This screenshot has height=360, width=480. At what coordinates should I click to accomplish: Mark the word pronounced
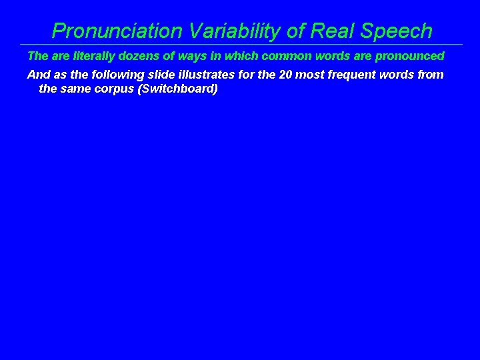coord(407,56)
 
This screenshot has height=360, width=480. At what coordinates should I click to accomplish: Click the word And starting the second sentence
coord(37,75)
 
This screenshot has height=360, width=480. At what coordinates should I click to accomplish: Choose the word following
coord(115,75)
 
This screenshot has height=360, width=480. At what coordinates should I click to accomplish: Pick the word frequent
coord(351,75)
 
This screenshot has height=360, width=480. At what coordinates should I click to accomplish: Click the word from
coord(430,75)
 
